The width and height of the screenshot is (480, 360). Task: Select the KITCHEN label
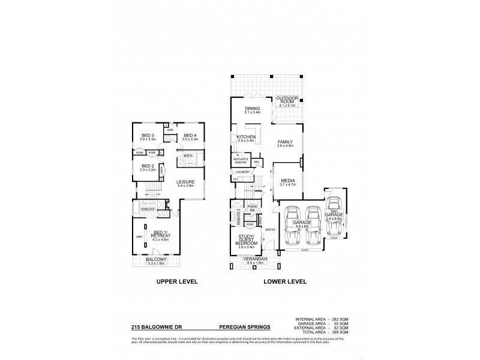[247, 137]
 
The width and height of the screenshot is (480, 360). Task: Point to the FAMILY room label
[285, 142]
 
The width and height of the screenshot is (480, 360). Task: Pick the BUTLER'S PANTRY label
[241, 160]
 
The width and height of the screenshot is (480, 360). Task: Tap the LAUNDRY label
[243, 172]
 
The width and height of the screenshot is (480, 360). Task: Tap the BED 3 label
[148, 135]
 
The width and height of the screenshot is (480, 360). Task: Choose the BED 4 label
[190, 135]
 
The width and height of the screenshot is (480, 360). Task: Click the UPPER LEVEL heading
[177, 281]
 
